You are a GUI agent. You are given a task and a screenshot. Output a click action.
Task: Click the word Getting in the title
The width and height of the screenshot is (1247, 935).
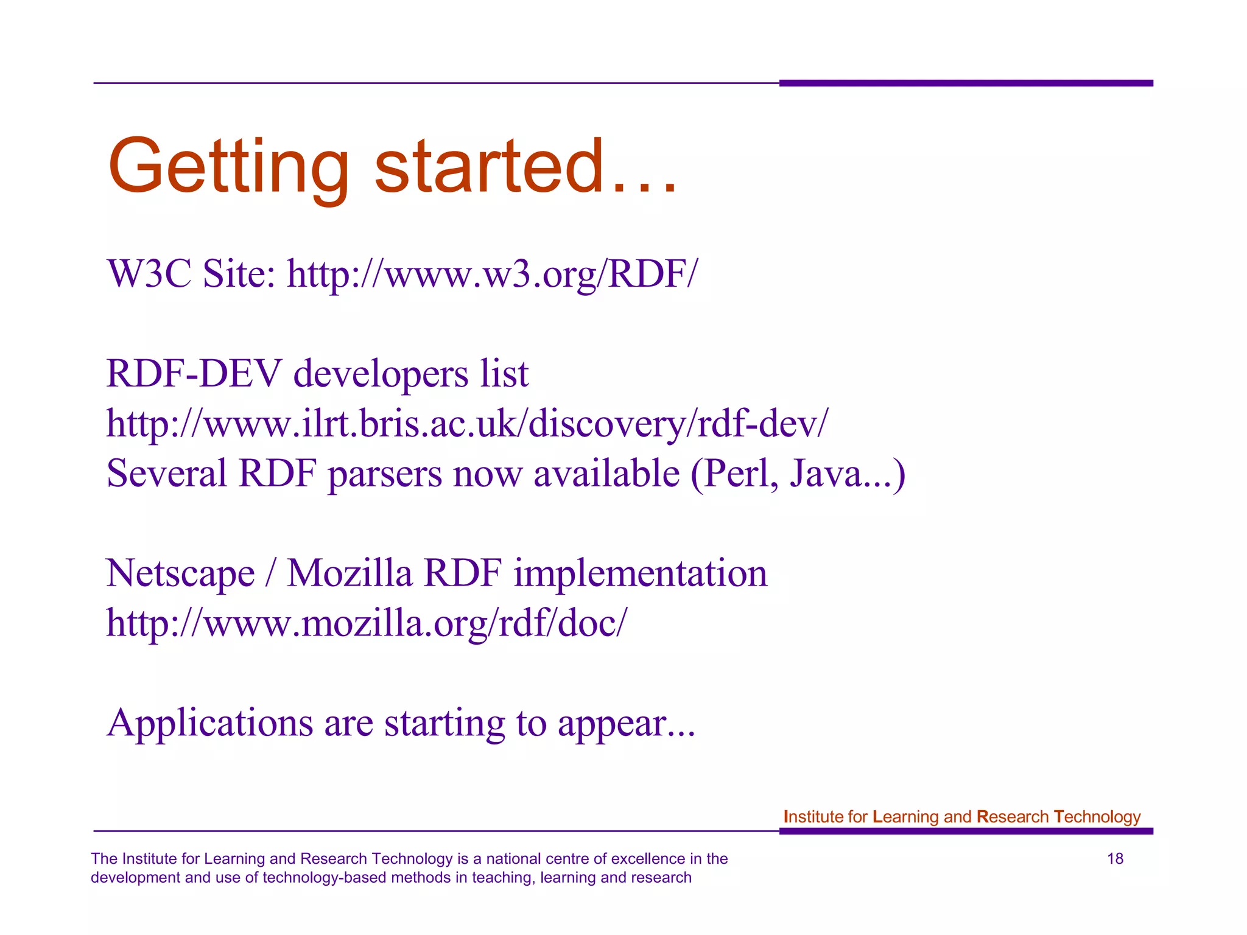pos(228,167)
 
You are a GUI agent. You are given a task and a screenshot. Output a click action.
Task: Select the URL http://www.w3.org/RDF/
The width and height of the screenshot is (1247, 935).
pos(492,274)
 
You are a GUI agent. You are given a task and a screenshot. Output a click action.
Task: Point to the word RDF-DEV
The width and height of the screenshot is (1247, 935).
pos(194,373)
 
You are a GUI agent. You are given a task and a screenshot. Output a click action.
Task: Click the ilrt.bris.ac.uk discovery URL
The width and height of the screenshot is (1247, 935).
pos(467,424)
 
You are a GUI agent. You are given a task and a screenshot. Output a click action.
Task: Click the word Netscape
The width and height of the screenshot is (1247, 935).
pos(180,573)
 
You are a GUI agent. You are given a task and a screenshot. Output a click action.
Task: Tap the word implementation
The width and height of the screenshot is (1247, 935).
pos(640,573)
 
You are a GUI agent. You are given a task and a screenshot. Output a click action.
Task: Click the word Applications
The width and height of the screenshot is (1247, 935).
pos(210,723)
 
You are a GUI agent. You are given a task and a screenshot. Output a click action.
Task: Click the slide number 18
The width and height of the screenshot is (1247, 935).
pos(1115,859)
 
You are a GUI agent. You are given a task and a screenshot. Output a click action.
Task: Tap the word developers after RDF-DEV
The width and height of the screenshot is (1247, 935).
pos(381,373)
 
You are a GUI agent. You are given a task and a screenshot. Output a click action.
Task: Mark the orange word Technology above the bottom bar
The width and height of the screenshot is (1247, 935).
pos(1097,817)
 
